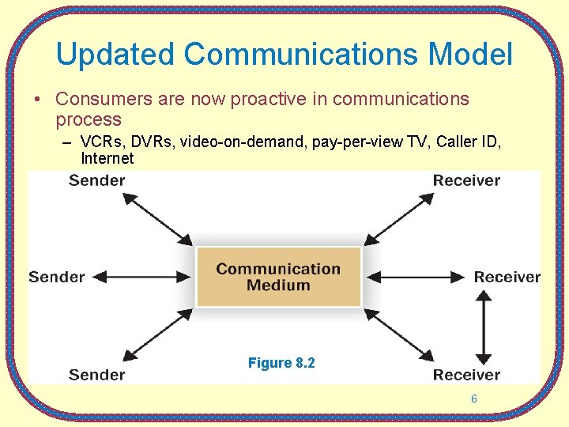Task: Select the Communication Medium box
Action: (x=278, y=277)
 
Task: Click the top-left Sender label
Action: (x=96, y=180)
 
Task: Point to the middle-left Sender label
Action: (x=57, y=277)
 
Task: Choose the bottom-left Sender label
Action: (x=96, y=374)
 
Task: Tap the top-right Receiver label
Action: (x=466, y=180)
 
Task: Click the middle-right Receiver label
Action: (x=507, y=277)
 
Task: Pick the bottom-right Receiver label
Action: (x=466, y=374)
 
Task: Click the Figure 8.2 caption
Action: (x=281, y=363)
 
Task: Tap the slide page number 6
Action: (x=474, y=399)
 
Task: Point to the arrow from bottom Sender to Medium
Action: (x=158, y=334)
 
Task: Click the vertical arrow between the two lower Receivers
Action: (x=484, y=327)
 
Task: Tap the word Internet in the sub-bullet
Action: (x=107, y=158)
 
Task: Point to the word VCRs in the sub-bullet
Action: (x=100, y=142)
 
